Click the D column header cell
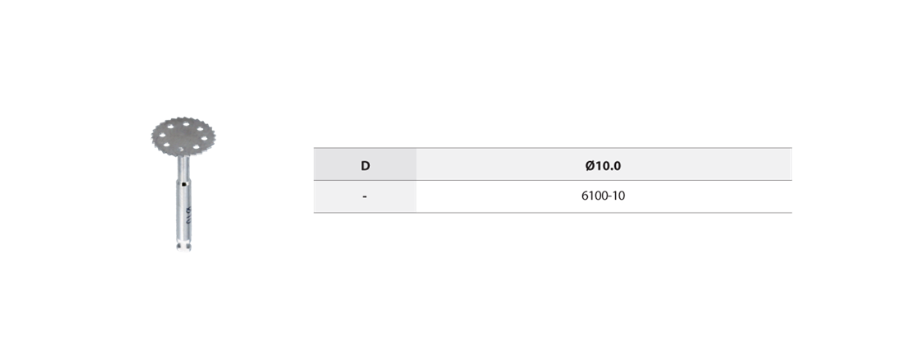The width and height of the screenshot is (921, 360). tap(365, 165)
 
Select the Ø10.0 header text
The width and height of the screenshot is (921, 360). tap(604, 165)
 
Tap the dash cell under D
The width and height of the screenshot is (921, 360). tap(365, 196)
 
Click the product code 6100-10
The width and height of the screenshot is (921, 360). tap(604, 196)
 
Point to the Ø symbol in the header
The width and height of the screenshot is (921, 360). tap(590, 165)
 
